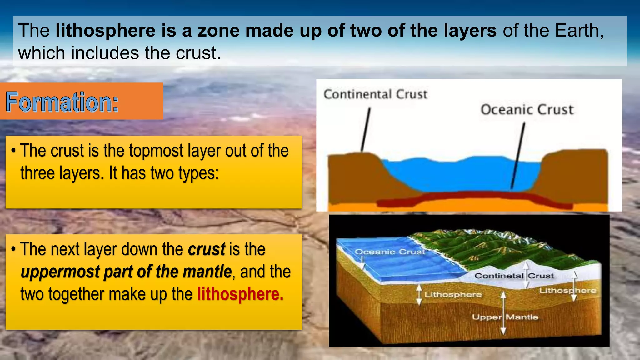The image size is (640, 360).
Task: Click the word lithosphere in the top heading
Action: coord(105,31)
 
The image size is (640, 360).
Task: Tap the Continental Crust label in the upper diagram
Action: coord(375,94)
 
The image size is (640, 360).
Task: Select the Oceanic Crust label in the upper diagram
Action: coord(527,110)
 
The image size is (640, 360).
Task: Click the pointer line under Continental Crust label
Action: coord(366,130)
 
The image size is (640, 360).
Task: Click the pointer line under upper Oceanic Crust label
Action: coord(518,156)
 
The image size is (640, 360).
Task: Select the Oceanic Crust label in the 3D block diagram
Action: coord(390,252)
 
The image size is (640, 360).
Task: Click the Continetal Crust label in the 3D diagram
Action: coord(514,276)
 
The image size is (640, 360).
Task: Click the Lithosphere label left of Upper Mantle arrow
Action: coord(453,295)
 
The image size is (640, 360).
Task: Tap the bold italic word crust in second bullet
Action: coord(206,249)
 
